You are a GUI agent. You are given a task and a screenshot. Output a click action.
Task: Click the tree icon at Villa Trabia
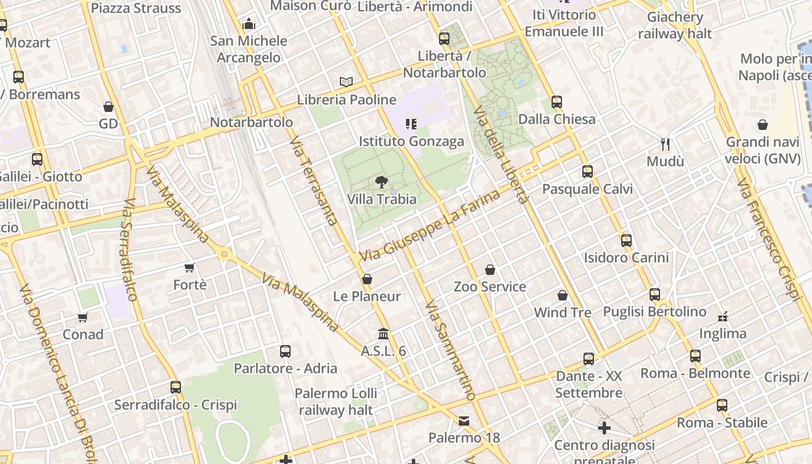point(382,182)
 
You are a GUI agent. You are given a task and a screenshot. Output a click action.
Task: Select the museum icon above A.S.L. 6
point(383,334)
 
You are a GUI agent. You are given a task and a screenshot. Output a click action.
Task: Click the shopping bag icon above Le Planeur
point(367,280)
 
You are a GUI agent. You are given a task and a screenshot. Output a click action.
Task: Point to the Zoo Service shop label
point(490,287)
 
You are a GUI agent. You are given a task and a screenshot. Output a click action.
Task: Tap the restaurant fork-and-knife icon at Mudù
point(665,144)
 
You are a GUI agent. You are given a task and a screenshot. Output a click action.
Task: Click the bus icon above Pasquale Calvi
point(588,172)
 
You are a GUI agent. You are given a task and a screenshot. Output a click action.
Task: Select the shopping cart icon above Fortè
point(190,267)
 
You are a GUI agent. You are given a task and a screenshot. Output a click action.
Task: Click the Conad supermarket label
point(83,335)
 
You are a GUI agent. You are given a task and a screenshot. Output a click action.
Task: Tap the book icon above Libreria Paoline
point(346,82)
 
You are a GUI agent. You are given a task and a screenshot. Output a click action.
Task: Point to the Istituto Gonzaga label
point(411,142)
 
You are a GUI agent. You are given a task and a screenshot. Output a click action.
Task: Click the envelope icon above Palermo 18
point(464,420)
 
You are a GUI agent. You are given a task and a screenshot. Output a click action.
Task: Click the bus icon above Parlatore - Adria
point(285,351)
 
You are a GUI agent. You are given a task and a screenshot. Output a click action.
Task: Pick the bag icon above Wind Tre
point(562,296)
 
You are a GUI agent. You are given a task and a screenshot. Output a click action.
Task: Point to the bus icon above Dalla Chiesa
point(557,102)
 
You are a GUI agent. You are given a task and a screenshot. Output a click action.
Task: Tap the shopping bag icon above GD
point(108,107)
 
